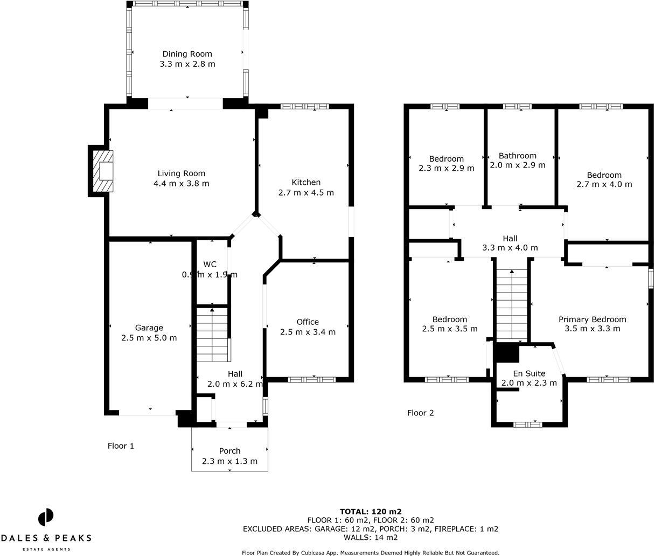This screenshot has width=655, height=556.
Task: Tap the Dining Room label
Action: (187, 54)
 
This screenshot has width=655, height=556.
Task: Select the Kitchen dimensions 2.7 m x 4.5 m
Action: (306, 192)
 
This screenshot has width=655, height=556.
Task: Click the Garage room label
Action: (149, 328)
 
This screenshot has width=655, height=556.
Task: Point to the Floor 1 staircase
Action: (213, 334)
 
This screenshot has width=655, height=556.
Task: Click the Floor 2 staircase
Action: (511, 305)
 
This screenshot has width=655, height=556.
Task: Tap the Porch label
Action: (229, 451)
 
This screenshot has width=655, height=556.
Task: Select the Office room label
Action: (308, 322)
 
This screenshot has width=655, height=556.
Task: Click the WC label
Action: (210, 264)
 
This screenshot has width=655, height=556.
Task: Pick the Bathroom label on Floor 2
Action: (517, 156)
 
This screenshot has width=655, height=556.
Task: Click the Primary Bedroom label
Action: (592, 319)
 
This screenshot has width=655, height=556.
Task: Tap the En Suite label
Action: (529, 373)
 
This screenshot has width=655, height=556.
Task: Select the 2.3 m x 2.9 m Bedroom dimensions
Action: (446, 168)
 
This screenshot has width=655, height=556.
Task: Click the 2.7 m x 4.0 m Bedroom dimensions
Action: (604, 184)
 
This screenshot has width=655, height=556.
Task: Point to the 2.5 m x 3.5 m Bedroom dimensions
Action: (449, 329)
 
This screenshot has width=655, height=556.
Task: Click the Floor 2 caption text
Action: (420, 413)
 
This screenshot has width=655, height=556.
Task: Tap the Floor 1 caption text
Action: (121, 446)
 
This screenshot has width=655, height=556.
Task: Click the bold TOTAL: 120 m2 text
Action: (371, 511)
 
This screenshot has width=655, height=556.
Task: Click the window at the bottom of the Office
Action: (311, 380)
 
